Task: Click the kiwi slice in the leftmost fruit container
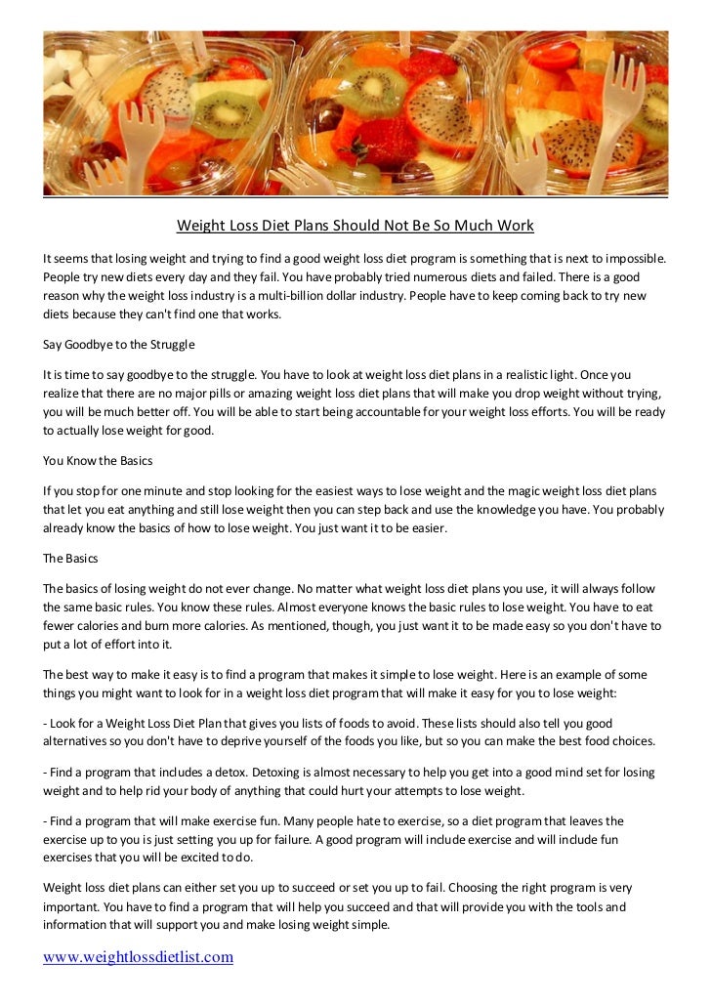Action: pos(227,108)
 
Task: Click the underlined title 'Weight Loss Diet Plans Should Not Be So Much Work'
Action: pos(355,226)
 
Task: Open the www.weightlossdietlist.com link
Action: pos(138,957)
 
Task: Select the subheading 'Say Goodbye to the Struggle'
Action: pos(119,345)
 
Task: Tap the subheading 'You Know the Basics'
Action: pos(98,460)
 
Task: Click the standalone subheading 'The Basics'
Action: pos(69,560)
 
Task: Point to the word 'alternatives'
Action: pos(74,741)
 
